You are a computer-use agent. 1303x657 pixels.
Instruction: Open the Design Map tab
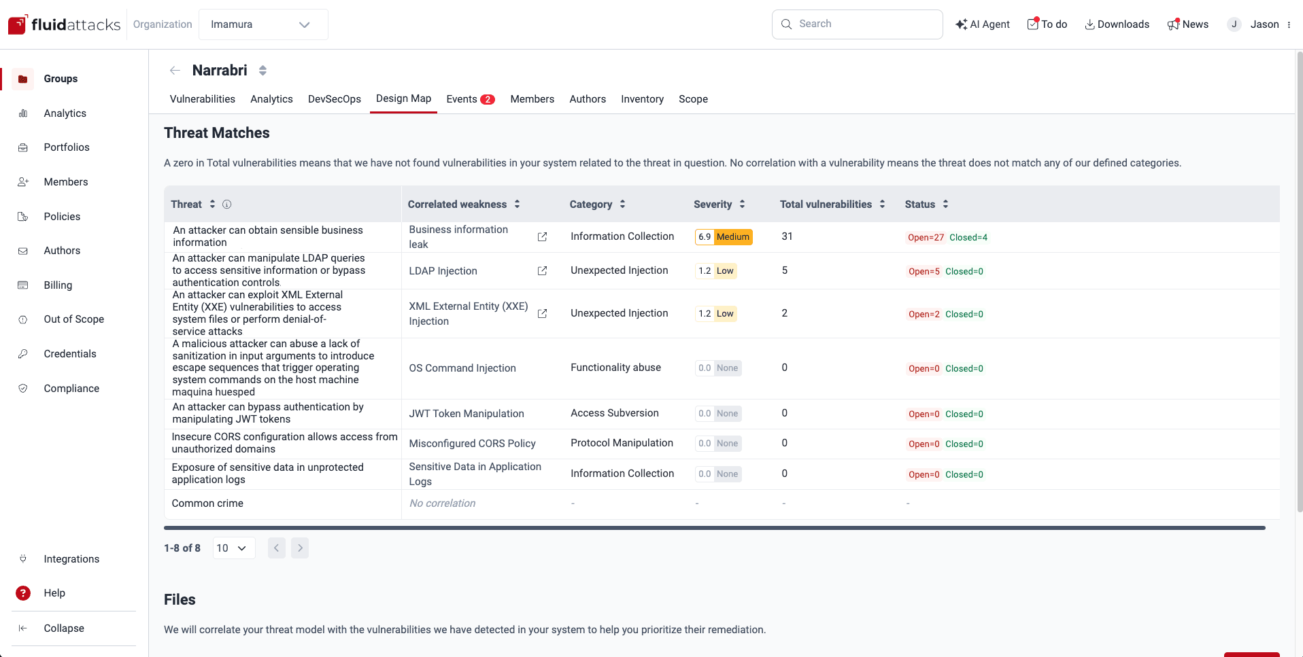click(403, 99)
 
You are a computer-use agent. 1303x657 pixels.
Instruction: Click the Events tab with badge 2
click(469, 99)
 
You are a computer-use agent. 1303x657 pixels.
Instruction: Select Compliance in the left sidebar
click(71, 389)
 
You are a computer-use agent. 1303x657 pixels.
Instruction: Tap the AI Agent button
click(983, 24)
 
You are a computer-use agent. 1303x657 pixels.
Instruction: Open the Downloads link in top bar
click(1117, 24)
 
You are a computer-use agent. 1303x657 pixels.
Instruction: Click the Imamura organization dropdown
click(263, 24)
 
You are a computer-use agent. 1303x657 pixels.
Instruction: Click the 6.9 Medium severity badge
click(724, 237)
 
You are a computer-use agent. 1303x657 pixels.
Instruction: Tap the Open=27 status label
click(926, 238)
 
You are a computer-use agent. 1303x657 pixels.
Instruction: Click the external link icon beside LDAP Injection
click(542, 271)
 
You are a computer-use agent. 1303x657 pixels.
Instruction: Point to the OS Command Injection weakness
click(462, 368)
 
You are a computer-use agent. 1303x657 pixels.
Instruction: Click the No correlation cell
click(442, 503)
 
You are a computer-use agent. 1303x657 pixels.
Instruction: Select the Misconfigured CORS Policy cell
click(472, 444)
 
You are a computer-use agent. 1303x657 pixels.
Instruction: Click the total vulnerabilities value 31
click(787, 236)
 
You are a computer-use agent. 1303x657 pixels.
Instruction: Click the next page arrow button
click(300, 548)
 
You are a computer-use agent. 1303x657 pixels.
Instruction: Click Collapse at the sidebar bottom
click(64, 628)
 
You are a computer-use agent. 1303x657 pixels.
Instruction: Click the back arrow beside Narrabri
click(175, 71)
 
